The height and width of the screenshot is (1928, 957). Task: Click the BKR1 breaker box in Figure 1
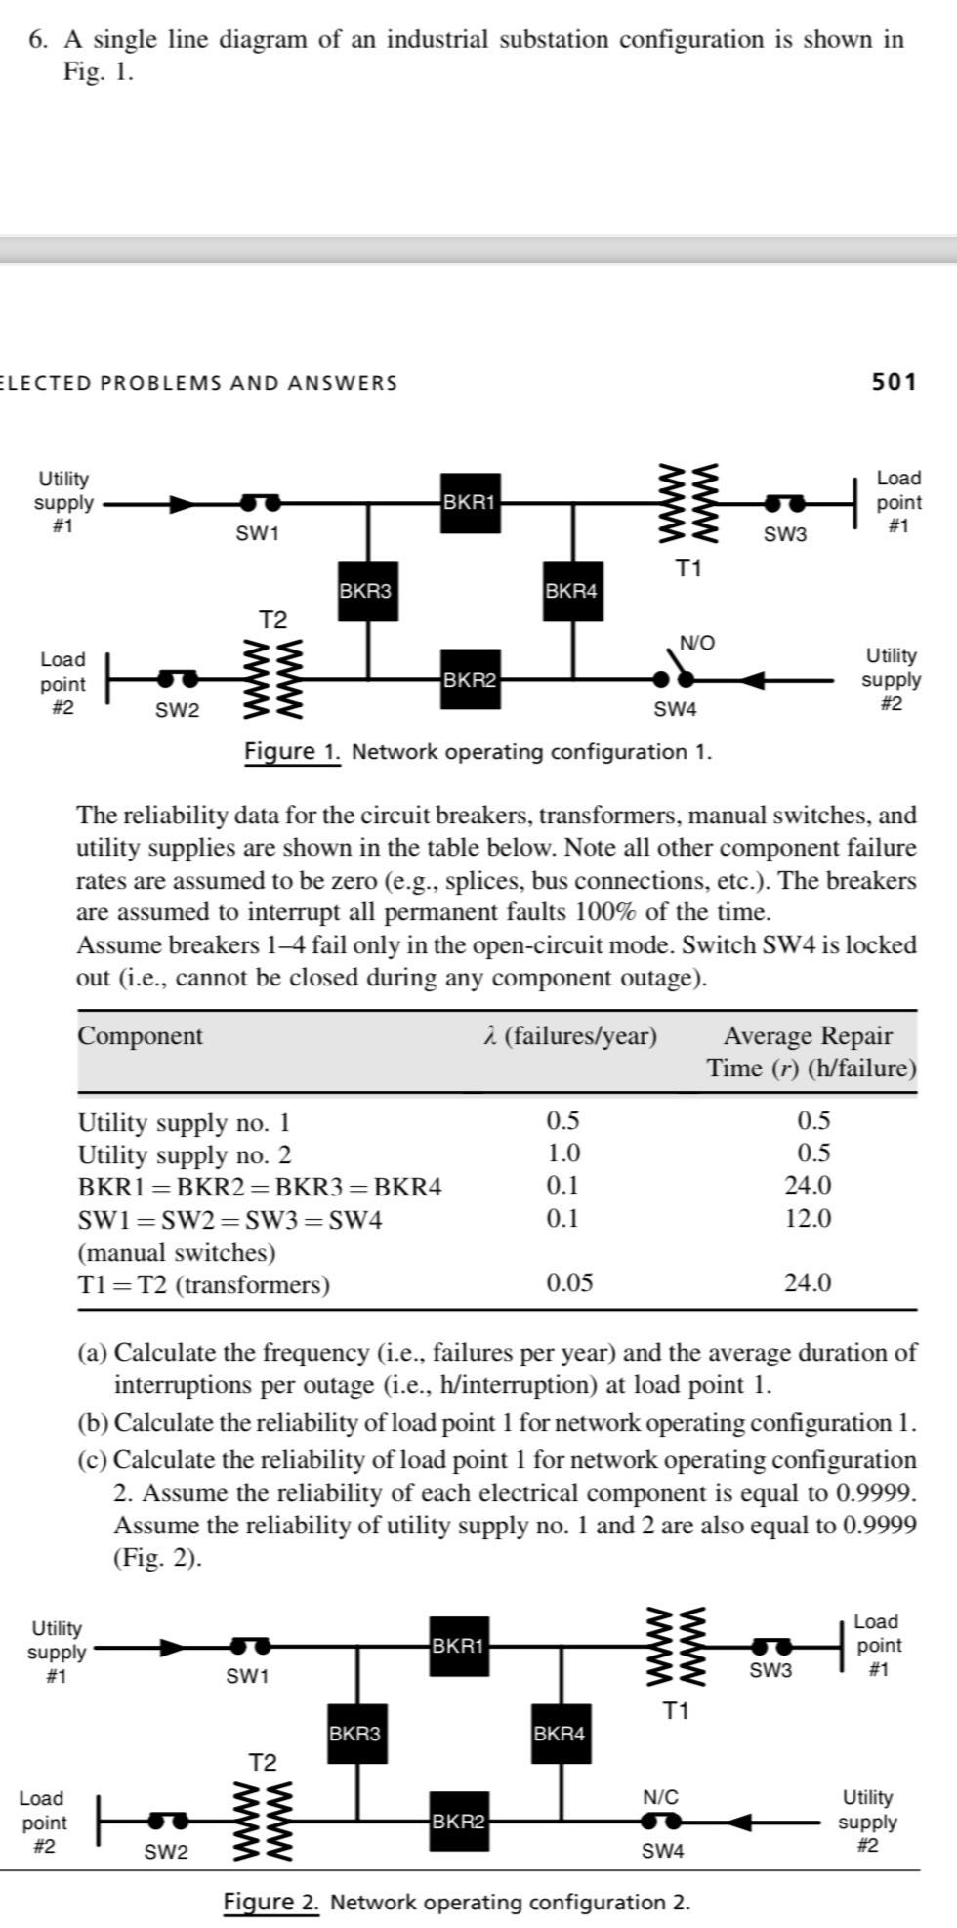pyautogui.click(x=471, y=503)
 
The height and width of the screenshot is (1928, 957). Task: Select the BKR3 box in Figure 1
pyautogui.click(x=365, y=591)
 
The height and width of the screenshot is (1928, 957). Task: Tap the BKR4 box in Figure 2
pyautogui.click(x=560, y=1733)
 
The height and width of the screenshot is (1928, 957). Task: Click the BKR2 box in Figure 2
pyautogui.click(x=459, y=1821)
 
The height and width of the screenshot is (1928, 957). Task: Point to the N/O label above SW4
pyautogui.click(x=696, y=642)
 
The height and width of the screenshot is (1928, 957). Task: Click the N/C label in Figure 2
pyautogui.click(x=660, y=1796)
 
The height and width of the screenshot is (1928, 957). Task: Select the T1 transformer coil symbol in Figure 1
pyautogui.click(x=689, y=503)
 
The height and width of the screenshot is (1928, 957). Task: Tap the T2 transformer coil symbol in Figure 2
pyautogui.click(x=263, y=1821)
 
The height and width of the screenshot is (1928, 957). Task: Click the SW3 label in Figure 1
pyautogui.click(x=785, y=534)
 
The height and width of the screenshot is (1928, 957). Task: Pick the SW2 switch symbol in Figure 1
pyautogui.click(x=177, y=677)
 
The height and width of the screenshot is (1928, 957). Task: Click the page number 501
pyautogui.click(x=895, y=382)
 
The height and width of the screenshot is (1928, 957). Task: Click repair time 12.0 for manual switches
pyautogui.click(x=808, y=1218)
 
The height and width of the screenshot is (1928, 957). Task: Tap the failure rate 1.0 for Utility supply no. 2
pyautogui.click(x=563, y=1153)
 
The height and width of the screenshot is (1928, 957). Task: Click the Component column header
pyautogui.click(x=141, y=1035)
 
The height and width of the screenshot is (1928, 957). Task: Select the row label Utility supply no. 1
pyautogui.click(x=184, y=1122)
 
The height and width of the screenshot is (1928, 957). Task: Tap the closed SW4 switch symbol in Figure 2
pyautogui.click(x=661, y=1821)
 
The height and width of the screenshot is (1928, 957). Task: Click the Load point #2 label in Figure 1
pyautogui.click(x=62, y=684)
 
